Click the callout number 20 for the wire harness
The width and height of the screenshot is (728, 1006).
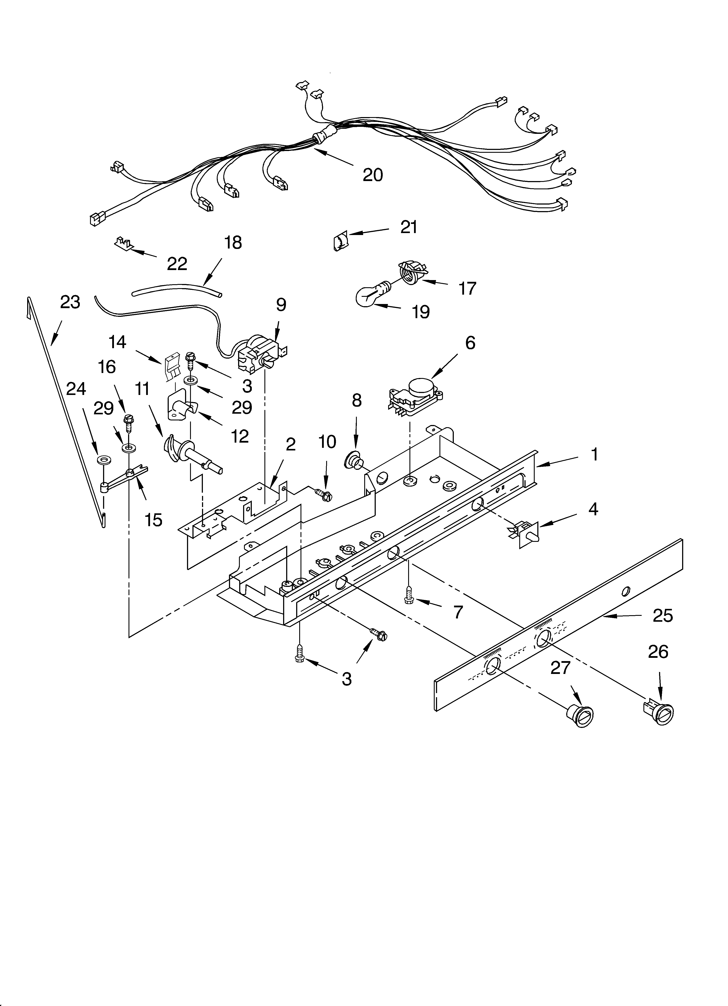pyautogui.click(x=372, y=175)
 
